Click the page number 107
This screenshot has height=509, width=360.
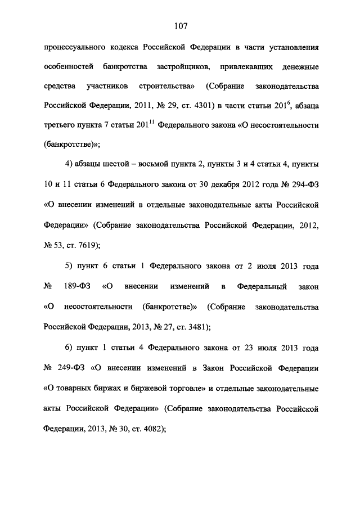pyautogui.click(x=180, y=26)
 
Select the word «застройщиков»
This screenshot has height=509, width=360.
pyautogui.click(x=182, y=67)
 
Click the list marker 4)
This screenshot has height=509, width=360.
pyautogui.click(x=71, y=164)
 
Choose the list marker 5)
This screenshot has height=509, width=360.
pyautogui.click(x=71, y=266)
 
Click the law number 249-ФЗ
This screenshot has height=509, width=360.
pyautogui.click(x=72, y=369)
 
